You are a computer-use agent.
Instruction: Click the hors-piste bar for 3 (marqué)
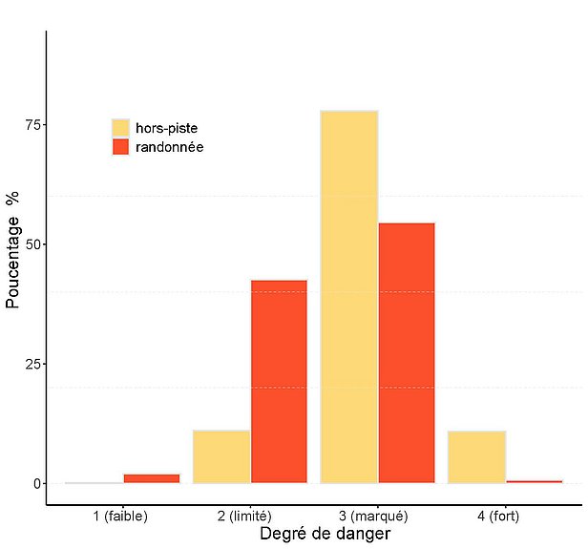[349, 296]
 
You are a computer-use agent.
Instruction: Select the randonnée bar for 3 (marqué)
[407, 352]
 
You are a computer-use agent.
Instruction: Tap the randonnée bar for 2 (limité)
[279, 381]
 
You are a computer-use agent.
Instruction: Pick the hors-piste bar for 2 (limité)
[221, 456]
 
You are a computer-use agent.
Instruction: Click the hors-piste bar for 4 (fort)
[476, 456]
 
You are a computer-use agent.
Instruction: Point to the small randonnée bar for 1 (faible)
[151, 478]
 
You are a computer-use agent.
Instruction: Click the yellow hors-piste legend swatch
[120, 128]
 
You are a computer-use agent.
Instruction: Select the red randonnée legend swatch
[120, 147]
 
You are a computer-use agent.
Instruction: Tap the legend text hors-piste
[167, 128]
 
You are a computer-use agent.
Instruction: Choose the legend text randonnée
[170, 147]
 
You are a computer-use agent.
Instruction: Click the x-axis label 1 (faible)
[120, 517]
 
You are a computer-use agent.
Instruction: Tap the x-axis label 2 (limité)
[250, 517]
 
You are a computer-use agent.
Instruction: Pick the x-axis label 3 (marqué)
[378, 517]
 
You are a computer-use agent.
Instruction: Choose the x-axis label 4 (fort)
[505, 517]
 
